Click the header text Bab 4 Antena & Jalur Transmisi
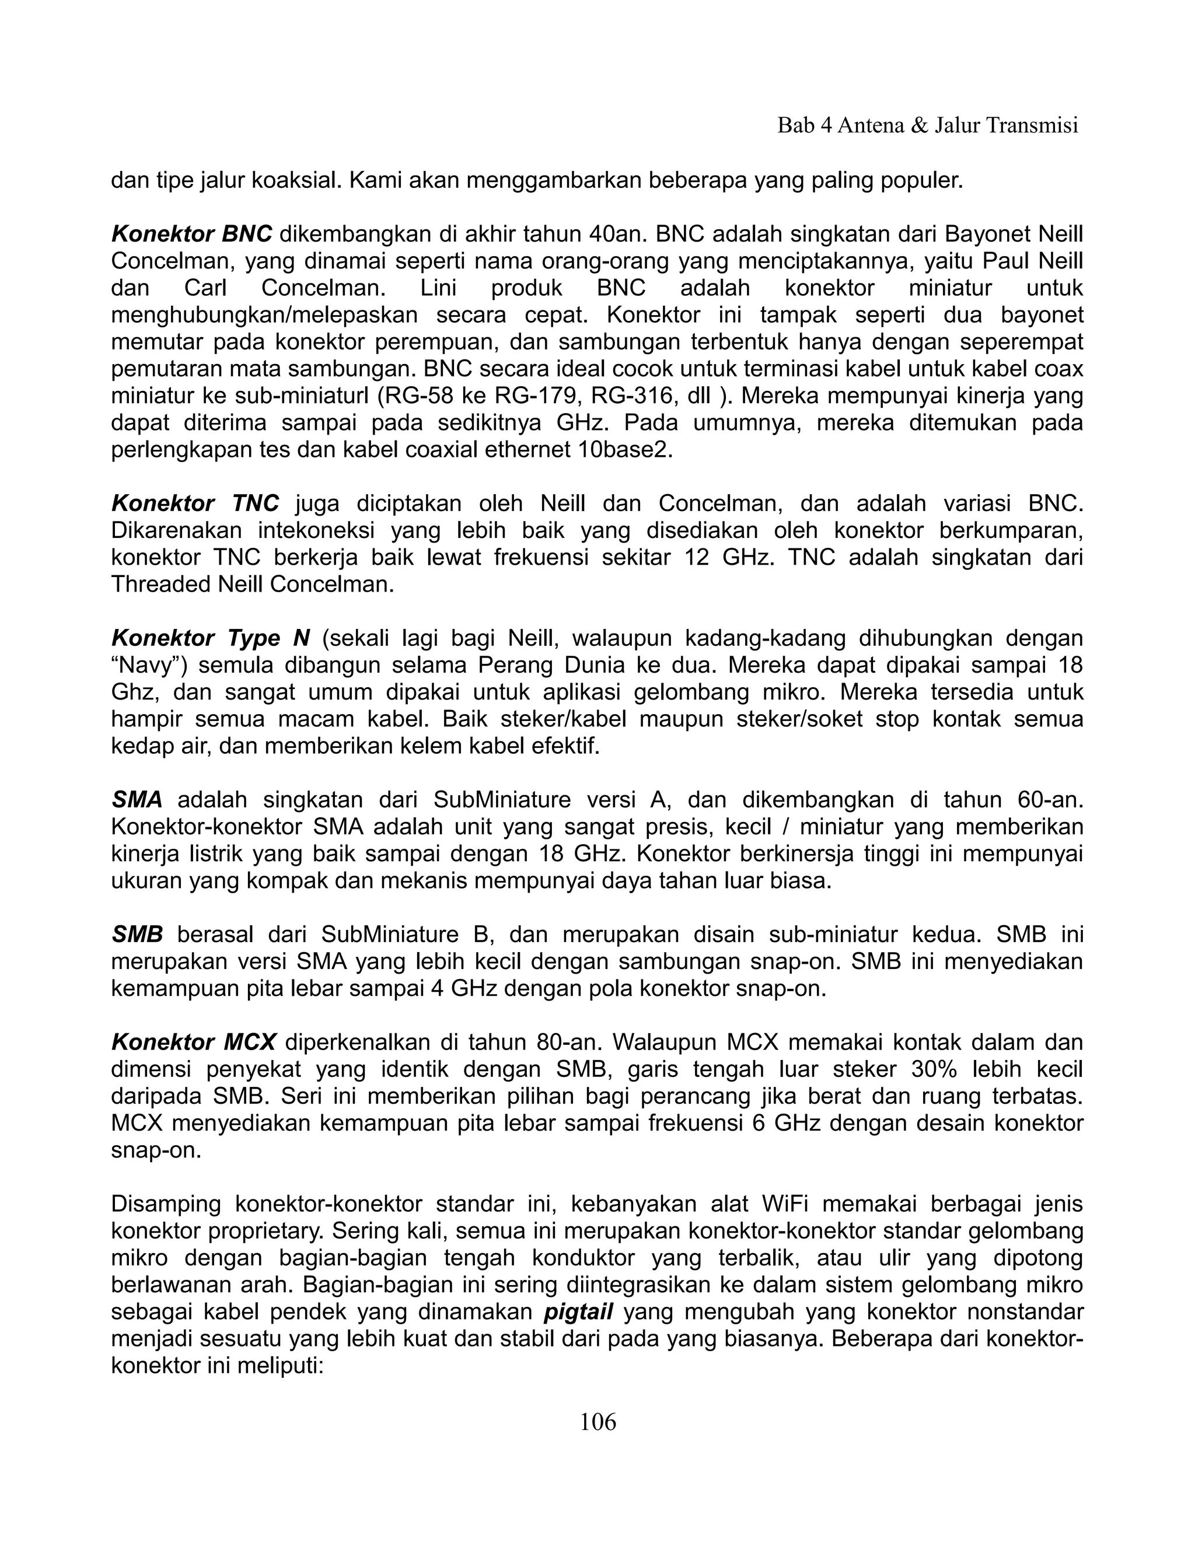(x=927, y=125)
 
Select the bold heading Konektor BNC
(x=191, y=235)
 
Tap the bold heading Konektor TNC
(x=195, y=503)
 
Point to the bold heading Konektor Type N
(x=210, y=638)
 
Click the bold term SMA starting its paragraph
(x=137, y=800)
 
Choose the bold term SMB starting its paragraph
(x=137, y=935)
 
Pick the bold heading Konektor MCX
(x=193, y=1043)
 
